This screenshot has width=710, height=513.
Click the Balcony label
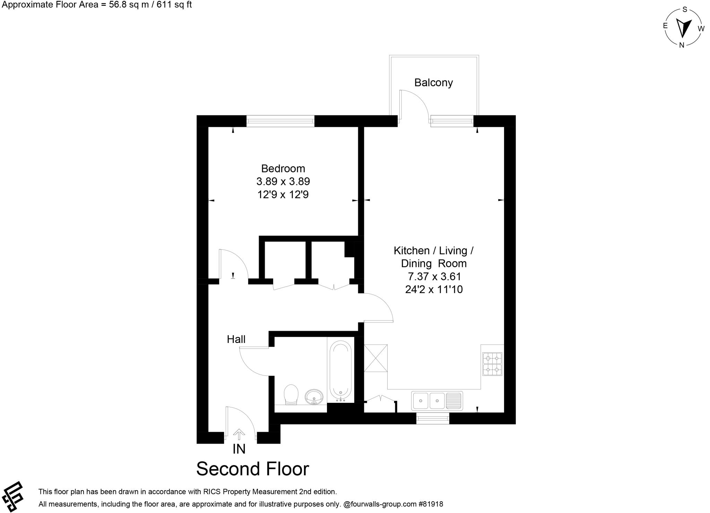(433, 83)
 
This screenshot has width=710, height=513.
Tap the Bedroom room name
(283, 169)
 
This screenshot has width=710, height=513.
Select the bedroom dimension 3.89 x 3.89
(283, 182)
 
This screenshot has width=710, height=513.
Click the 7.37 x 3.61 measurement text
(434, 276)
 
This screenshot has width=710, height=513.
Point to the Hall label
(236, 339)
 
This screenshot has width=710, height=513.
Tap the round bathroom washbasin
(314, 396)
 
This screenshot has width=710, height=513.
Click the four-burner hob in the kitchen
(492, 364)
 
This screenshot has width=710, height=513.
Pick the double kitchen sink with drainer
(437, 401)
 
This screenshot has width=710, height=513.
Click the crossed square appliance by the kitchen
(375, 358)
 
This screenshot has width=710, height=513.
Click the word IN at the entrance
(239, 449)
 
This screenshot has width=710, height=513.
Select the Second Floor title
(252, 469)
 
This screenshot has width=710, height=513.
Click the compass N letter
(682, 45)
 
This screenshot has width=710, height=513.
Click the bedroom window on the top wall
(280, 121)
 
